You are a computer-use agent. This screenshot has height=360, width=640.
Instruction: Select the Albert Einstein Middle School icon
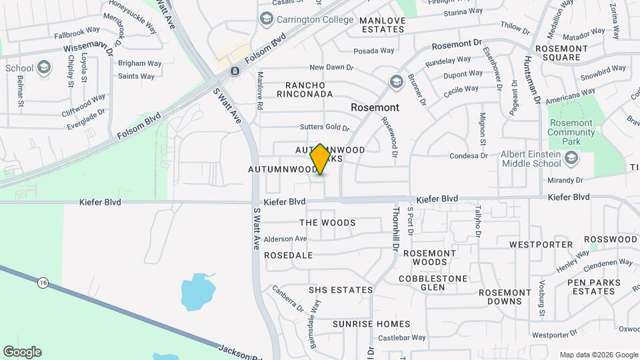point(571,158)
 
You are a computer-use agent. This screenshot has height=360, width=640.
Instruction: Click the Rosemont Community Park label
point(571,132)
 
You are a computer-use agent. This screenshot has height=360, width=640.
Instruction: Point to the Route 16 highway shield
point(43,283)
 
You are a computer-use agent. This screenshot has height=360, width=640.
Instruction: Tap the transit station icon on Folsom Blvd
point(235,71)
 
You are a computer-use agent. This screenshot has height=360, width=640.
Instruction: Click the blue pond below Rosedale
point(198,291)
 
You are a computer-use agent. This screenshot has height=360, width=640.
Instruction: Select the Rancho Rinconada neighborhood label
point(309,89)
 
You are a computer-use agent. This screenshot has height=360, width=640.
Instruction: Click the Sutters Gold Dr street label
point(325,127)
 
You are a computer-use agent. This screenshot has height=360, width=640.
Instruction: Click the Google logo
point(22,352)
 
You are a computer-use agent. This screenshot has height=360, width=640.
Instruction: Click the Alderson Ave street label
point(285,239)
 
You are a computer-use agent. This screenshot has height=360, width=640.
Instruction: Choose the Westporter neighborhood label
point(541,245)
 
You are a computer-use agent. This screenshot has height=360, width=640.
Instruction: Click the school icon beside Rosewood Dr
point(395,81)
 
